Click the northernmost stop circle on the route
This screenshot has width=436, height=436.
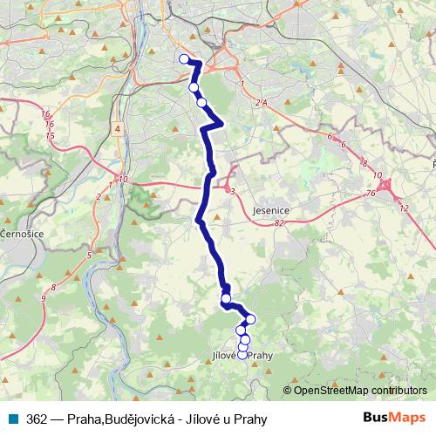(184, 59)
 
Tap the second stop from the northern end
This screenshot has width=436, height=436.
(194, 87)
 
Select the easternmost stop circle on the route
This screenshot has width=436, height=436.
(251, 319)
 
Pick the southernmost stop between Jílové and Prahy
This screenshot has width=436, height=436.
(242, 354)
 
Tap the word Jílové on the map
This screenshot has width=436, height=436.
(228, 356)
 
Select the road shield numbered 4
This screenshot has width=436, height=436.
(117, 128)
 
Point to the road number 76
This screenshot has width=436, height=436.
(371, 193)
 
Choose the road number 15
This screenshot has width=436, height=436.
(50, 136)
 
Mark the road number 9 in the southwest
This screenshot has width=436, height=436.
(43, 299)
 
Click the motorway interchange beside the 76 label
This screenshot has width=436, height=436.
(386, 186)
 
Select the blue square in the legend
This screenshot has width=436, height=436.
(15, 419)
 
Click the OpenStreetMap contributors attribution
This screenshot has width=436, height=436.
(360, 390)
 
